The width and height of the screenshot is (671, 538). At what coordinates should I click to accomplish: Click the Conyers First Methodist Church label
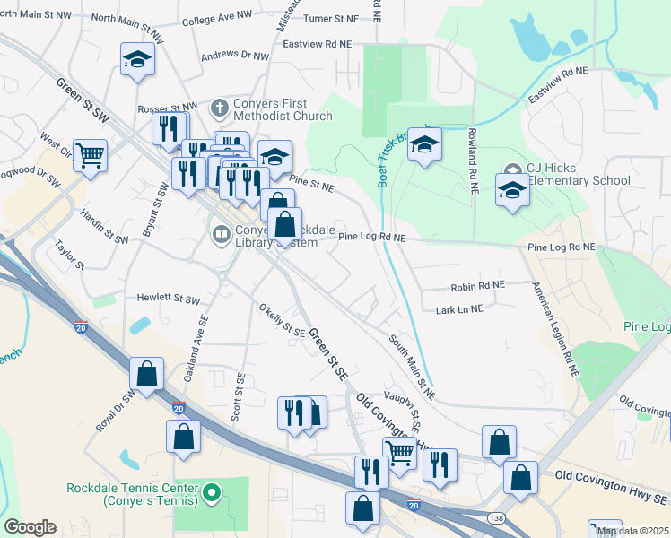pos(270,109)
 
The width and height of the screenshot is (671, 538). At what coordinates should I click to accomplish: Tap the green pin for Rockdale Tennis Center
pos(212,492)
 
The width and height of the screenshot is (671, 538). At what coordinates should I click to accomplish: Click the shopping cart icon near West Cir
pos(91,156)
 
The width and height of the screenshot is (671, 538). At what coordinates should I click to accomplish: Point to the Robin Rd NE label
pos(477,284)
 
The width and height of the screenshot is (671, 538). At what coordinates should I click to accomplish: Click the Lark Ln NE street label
pos(458,308)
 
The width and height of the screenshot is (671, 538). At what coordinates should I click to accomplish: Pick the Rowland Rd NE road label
pos(470,160)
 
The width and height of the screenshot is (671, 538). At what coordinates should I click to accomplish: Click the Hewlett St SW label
pos(168,298)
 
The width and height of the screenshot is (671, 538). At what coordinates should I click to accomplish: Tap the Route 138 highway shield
pos(495,518)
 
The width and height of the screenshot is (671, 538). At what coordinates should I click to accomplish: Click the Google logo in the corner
pos(30,527)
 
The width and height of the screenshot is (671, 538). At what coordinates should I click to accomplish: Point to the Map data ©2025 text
pos(632,531)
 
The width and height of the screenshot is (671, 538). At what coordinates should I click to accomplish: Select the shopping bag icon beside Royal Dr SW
pos(147,374)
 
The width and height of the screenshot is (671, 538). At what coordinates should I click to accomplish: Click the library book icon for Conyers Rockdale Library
pos(220,235)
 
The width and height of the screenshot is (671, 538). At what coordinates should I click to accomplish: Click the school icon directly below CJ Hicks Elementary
pos(512,191)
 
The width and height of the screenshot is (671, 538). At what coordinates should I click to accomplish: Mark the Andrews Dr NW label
pos(234,56)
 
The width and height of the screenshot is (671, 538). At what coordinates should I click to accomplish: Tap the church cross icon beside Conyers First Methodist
pos(219,108)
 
